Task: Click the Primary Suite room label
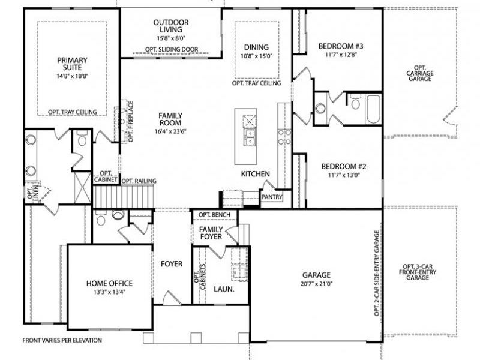pyautogui.click(x=73, y=64)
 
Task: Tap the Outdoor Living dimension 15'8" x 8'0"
pyautogui.click(x=170, y=38)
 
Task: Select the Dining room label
pyautogui.click(x=256, y=47)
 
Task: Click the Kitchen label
pyautogui.click(x=255, y=174)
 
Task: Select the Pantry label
pyautogui.click(x=272, y=196)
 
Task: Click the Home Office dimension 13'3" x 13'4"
pyautogui.click(x=109, y=293)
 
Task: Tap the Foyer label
pyautogui.click(x=172, y=264)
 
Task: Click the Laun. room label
pyautogui.click(x=224, y=289)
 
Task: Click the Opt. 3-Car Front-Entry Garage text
pyautogui.click(x=420, y=272)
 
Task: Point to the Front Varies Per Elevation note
pyautogui.click(x=62, y=340)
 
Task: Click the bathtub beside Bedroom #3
pyautogui.click(x=372, y=108)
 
